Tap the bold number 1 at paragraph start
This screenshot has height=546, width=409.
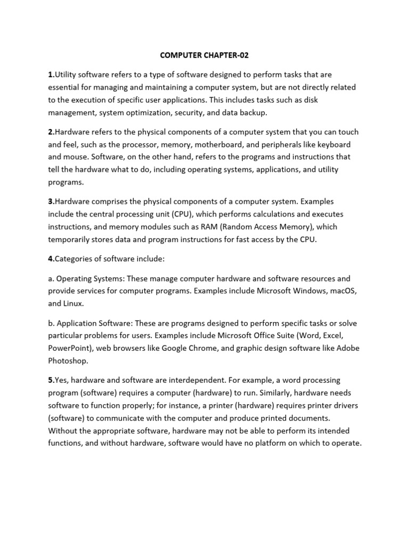coord(50,75)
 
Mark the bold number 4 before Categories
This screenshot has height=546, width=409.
coord(50,259)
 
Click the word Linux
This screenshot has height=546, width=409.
coord(73,303)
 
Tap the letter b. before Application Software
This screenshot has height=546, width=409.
coord(51,323)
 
